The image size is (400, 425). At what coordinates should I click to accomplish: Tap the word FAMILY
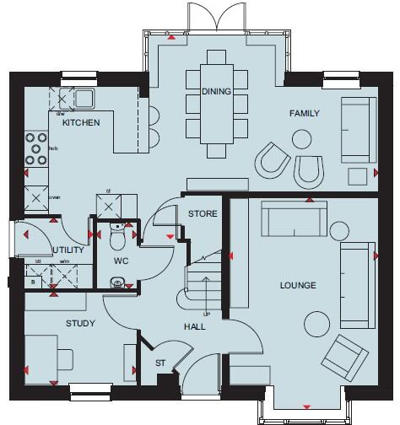coord(304,113)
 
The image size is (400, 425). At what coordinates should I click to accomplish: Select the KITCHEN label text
coord(82,122)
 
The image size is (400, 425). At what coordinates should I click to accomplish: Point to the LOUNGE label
coord(298,286)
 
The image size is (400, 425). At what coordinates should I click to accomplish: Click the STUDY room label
coord(80,323)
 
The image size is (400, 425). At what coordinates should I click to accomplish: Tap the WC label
coord(121,261)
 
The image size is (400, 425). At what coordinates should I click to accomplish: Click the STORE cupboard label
coord(203,213)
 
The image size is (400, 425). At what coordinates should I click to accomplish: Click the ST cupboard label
coord(159,363)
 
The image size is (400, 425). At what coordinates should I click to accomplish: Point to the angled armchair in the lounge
coord(348,357)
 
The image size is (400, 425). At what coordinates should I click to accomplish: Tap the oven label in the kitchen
coord(55,199)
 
